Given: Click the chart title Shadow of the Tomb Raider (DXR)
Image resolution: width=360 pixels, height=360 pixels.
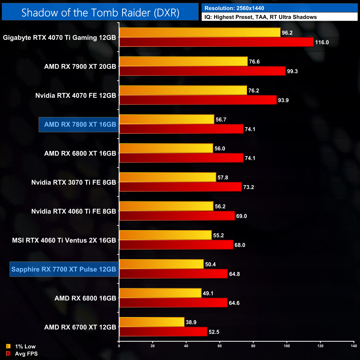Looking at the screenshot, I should (100, 12).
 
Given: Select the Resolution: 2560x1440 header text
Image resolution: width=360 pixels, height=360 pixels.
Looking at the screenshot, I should (234, 8).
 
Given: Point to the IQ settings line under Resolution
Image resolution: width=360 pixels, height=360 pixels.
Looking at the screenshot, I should (261, 17).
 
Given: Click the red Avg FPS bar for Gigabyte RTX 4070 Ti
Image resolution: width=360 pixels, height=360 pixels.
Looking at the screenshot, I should (216, 42).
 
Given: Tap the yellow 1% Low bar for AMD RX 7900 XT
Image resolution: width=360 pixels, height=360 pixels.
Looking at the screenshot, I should (183, 61).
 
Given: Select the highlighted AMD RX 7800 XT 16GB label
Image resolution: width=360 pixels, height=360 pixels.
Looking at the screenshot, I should (80, 125).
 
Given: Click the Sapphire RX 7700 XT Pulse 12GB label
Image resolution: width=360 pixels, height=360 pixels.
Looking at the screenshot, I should (64, 269).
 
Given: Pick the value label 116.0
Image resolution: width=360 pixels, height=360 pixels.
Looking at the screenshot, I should (322, 42).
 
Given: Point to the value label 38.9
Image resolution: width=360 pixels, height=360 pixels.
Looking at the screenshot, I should (191, 322).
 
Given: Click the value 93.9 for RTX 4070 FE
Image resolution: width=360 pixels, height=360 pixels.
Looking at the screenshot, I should (283, 100).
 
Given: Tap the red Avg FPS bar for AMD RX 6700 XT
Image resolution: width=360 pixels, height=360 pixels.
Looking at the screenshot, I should (163, 332).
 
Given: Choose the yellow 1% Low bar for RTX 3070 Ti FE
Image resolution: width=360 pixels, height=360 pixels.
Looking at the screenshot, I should (168, 177).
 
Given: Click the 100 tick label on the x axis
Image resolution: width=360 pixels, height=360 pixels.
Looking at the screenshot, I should (287, 346).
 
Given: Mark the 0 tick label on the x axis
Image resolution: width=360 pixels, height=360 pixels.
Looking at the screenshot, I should (119, 346).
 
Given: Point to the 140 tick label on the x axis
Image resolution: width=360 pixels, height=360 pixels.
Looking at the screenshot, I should (354, 346).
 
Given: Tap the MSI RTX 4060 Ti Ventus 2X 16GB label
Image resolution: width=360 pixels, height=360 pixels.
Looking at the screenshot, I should (64, 240).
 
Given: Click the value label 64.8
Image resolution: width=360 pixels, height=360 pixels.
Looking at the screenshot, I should (234, 274).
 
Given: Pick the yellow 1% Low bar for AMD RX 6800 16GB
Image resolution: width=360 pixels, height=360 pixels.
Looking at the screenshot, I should (160, 293).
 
